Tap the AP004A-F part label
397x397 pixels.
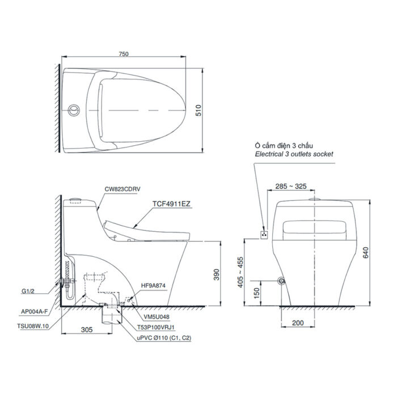(35, 311)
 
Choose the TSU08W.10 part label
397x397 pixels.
(33, 327)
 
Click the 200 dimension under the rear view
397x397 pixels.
(298, 323)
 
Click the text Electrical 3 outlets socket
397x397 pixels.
(294, 154)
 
